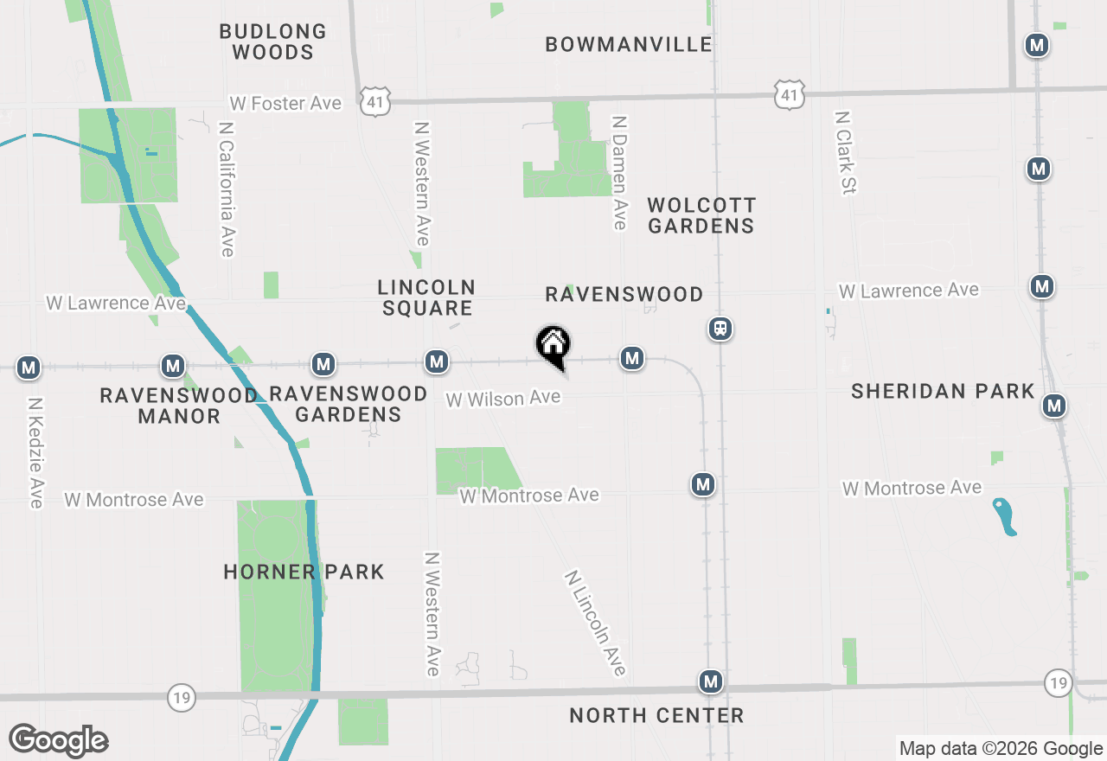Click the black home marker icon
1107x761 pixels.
[553, 345]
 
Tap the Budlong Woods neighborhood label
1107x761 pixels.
[272, 42]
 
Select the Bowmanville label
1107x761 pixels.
[629, 44]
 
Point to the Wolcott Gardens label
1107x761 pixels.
[701, 215]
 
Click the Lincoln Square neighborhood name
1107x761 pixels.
[426, 297]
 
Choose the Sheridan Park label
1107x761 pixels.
[943, 391]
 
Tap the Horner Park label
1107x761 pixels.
[304, 572]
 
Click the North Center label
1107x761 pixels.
[656, 715]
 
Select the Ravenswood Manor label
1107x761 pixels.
[179, 406]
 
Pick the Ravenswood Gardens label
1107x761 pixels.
[348, 404]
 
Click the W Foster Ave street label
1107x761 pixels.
[285, 103]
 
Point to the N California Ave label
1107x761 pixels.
[227, 189]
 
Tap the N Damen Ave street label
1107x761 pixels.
[619, 173]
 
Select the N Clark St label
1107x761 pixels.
[845, 152]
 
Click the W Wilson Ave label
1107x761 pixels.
[503, 399]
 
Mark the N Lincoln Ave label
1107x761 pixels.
[595, 623]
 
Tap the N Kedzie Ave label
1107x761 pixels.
[35, 452]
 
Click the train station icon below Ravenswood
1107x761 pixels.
[720, 329]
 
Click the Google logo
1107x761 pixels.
[59, 740]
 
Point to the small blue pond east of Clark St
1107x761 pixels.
[1003, 516]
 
